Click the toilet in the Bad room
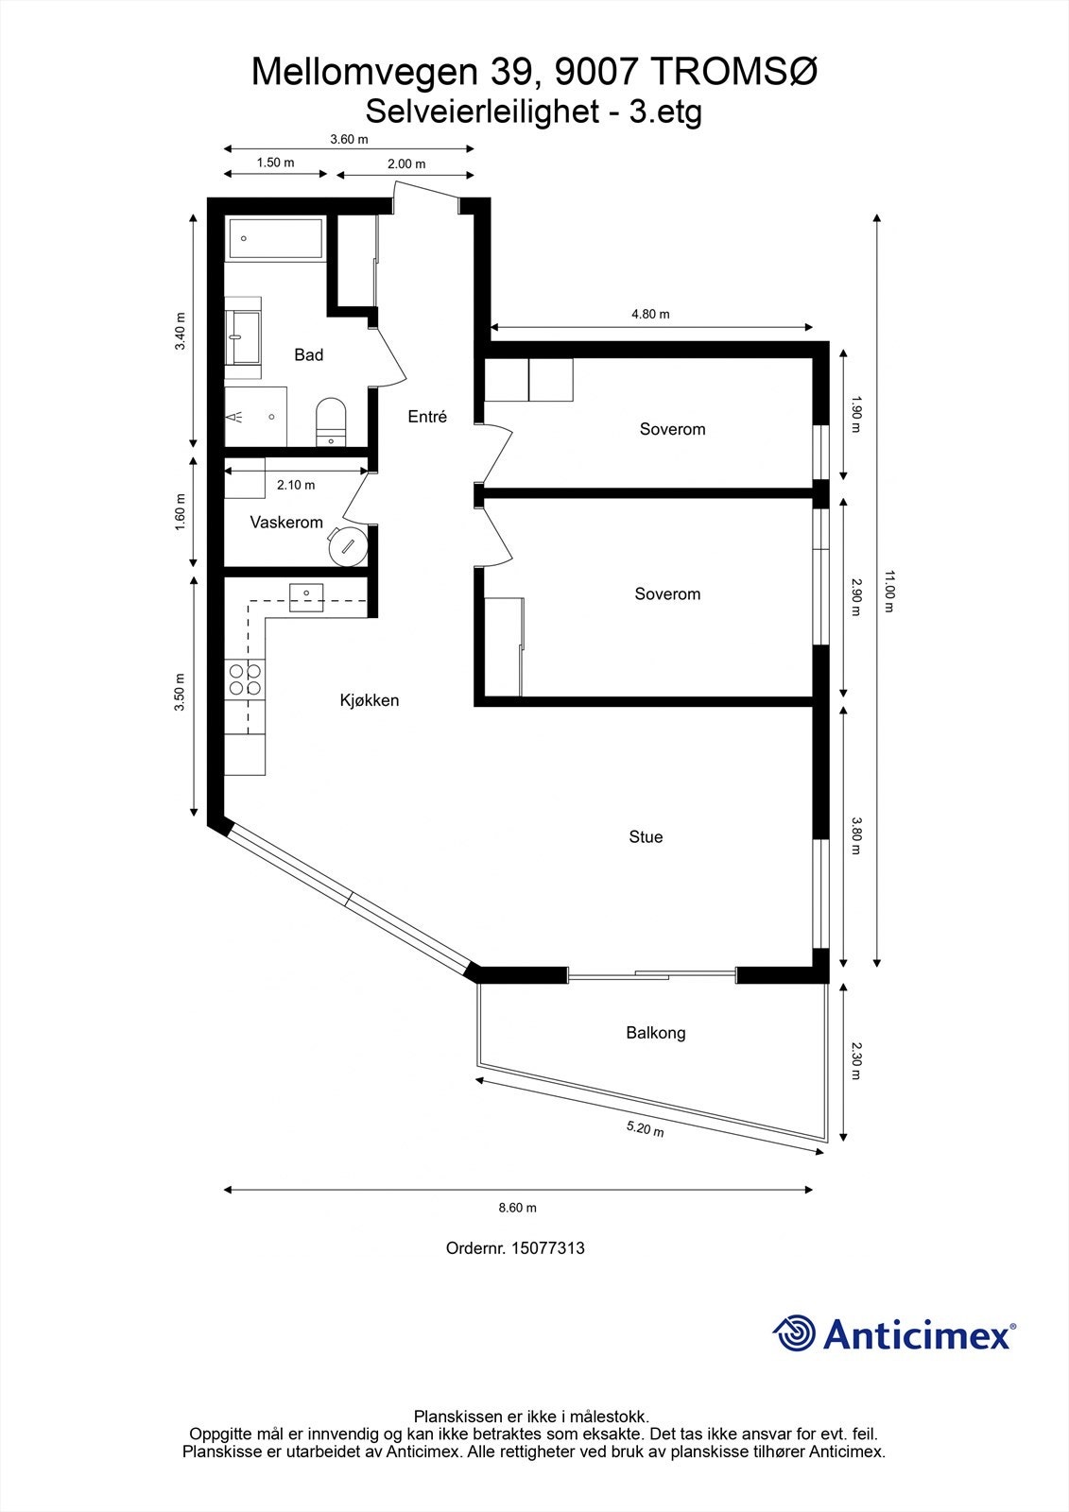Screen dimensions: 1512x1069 (331, 421)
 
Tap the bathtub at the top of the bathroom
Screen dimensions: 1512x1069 (275, 238)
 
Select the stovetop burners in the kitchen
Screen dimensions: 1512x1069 (245, 679)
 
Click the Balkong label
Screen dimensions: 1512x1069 (655, 1033)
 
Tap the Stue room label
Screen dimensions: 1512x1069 (646, 837)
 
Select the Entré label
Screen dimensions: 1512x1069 (427, 417)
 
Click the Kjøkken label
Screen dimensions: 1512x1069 (370, 701)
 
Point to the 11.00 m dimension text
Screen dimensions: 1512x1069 (888, 591)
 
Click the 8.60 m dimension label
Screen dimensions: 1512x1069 (517, 1208)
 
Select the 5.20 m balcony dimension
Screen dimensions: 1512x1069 (645, 1128)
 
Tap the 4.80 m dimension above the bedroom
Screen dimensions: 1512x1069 (650, 315)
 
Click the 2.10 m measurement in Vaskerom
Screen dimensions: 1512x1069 (296, 485)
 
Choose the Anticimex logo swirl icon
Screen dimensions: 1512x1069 (794, 1334)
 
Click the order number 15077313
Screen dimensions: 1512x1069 (547, 1248)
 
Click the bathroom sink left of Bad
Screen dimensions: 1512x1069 (245, 337)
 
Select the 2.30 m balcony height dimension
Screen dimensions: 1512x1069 (855, 1060)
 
